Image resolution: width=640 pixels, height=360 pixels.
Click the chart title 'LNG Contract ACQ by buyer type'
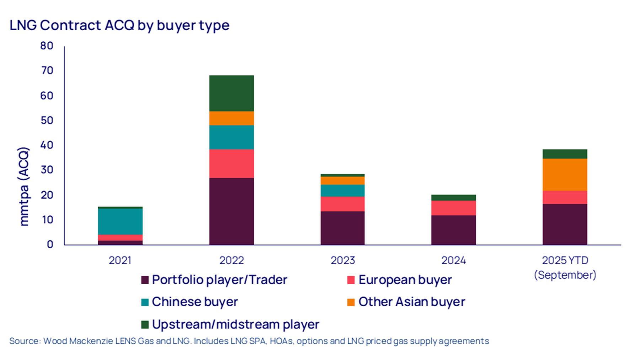point(119,26)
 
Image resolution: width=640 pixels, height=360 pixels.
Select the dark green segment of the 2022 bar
point(231,93)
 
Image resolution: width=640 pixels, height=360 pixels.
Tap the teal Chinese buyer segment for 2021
point(120,221)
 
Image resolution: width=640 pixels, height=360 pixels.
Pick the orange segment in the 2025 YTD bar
point(565,174)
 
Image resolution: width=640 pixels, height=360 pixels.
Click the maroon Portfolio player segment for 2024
point(453,230)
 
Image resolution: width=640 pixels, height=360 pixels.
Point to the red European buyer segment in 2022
point(231,163)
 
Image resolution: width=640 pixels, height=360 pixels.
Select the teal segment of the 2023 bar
point(342,191)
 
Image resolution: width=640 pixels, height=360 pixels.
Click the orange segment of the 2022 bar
point(231,118)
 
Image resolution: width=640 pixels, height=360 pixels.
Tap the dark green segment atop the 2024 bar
point(453,197)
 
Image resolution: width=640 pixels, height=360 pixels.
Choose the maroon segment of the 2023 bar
point(342,228)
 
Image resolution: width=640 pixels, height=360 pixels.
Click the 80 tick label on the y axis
point(47,46)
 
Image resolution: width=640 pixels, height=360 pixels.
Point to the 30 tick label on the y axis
point(47,170)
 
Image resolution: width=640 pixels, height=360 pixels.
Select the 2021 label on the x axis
point(120,260)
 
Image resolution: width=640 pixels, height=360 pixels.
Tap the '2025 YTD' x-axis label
point(565,260)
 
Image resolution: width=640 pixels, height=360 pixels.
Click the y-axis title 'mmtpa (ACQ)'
point(24,187)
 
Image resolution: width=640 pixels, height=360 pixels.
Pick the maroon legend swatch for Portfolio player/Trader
point(145,280)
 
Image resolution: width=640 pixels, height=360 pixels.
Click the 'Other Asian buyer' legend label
point(411,302)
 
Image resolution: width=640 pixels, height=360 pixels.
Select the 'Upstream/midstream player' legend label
point(235,324)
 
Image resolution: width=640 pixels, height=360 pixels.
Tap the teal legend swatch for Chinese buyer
point(145,302)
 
